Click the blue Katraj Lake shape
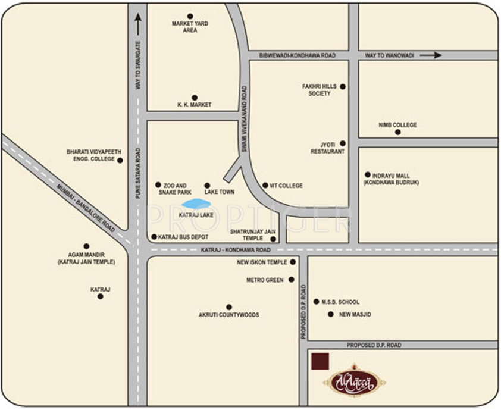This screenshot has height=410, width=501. pos(196,204)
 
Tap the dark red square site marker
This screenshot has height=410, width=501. pos(321,361)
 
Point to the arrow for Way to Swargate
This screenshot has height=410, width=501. pos(138,24)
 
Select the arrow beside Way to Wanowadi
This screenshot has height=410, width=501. pos(430,55)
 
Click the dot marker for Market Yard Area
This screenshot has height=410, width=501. pos(190,16)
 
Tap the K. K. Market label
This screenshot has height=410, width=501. pos(194,105)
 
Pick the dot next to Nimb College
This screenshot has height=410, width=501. pos(398,132)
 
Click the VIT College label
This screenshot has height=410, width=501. pos(286,186)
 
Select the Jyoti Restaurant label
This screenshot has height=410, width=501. pos(327,148)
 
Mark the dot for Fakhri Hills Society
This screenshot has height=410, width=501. pos(343,87)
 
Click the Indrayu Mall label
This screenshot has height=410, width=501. pos(396,179)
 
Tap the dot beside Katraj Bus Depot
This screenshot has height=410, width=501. pos(154,237)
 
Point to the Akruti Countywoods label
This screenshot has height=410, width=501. pos(229,315)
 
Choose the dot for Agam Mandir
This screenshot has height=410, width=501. pos(86,246)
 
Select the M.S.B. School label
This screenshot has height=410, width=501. pos(340,302)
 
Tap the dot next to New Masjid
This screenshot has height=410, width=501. pos(331,314)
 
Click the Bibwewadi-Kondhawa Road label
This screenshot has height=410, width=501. pos(297,55)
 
